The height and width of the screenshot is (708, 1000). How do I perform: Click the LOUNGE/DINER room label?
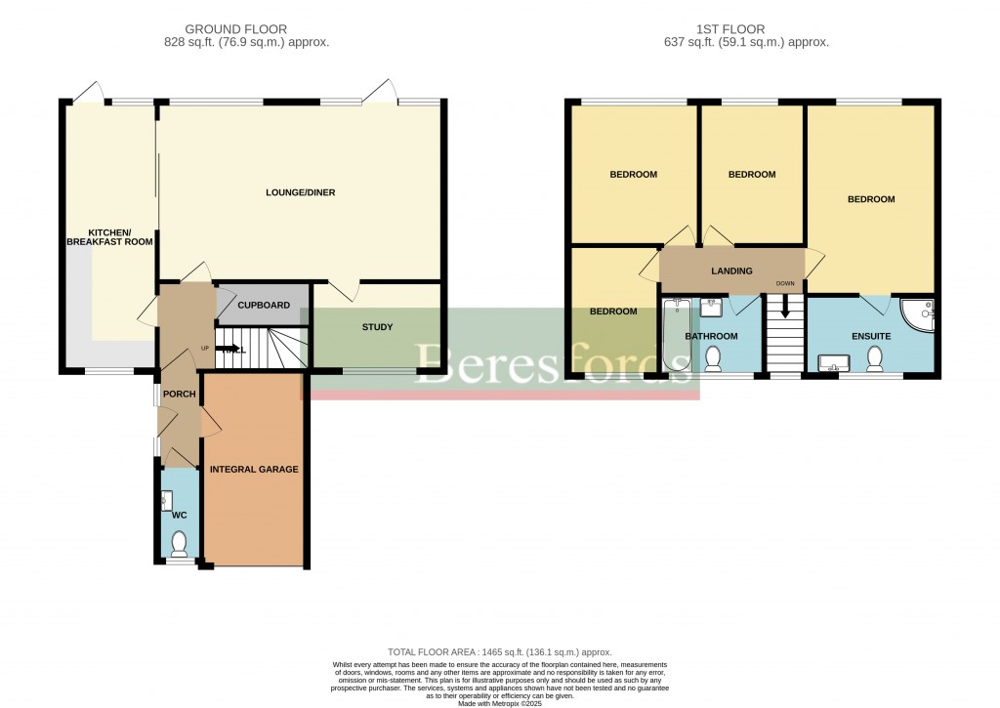tap(300, 192)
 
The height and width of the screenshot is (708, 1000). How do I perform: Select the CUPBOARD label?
tap(264, 306)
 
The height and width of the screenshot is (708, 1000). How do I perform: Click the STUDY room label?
tap(377, 327)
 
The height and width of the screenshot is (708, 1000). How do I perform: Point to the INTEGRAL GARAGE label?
tap(254, 469)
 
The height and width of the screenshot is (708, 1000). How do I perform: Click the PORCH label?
tap(180, 395)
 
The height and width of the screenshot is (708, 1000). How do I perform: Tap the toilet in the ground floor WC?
tap(179, 541)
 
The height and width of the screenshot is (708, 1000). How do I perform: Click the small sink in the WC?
tap(166, 501)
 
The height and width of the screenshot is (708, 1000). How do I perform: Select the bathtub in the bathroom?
tap(674, 337)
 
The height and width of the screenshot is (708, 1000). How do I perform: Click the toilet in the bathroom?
tap(714, 358)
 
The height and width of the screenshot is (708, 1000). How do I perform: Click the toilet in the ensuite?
tap(874, 358)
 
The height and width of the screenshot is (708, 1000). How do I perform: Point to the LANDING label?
tap(731, 271)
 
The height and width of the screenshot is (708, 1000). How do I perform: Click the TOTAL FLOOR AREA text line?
tap(499, 651)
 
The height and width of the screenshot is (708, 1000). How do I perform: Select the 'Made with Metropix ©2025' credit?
tap(499, 702)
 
